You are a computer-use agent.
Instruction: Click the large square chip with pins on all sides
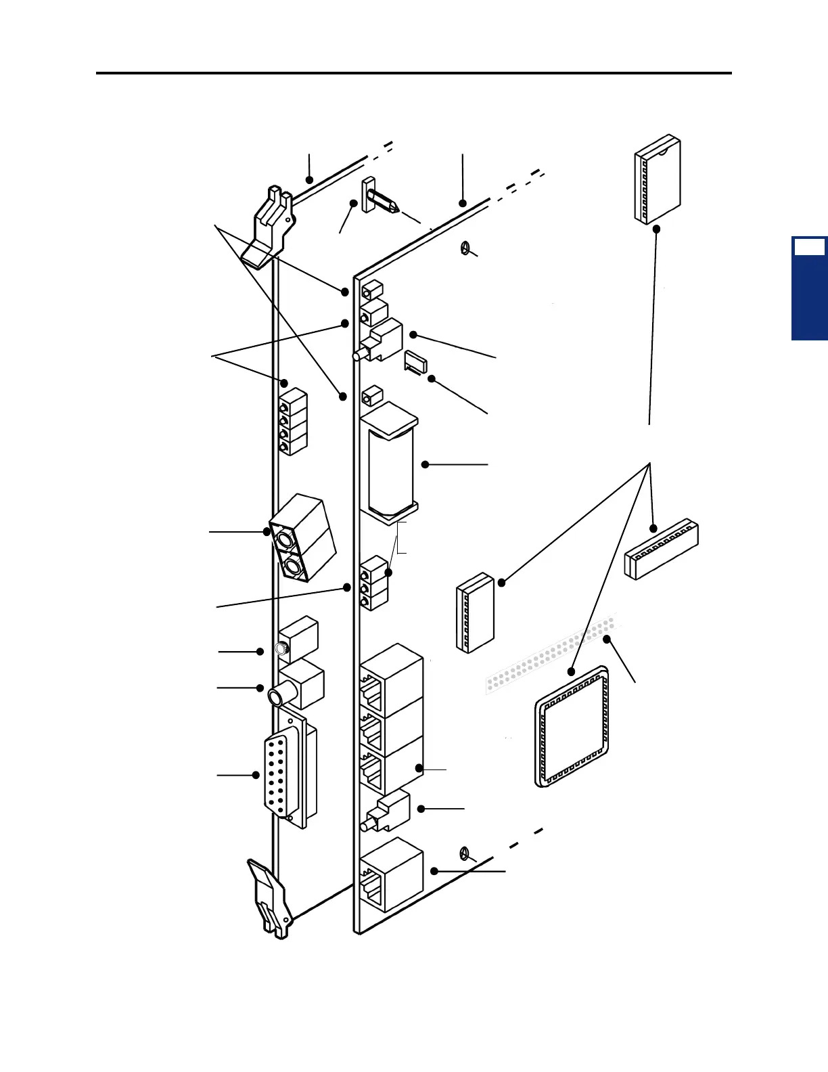572,725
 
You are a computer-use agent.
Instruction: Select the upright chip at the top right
657,179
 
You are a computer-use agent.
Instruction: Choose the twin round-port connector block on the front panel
302,538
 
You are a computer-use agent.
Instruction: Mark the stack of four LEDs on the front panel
293,421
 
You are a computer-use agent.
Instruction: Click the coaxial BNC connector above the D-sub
298,685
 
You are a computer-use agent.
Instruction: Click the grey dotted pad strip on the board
551,653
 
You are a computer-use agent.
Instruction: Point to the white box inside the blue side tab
809,247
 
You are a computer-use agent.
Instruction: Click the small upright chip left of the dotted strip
475,612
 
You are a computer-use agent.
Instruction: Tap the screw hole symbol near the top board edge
465,249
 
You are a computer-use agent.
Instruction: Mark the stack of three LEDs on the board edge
374,583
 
